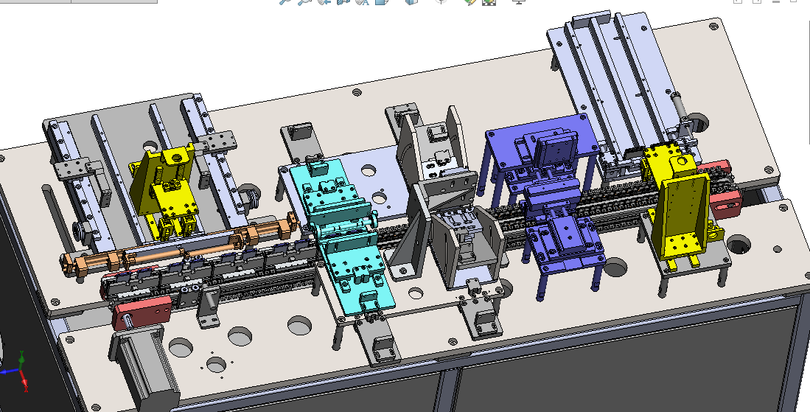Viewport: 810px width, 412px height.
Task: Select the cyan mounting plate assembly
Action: coord(343,236)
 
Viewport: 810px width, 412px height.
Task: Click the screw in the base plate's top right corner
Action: coord(713,27)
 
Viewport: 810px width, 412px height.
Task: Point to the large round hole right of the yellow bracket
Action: coord(738,242)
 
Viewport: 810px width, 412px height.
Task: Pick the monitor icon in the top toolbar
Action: coord(518,2)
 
